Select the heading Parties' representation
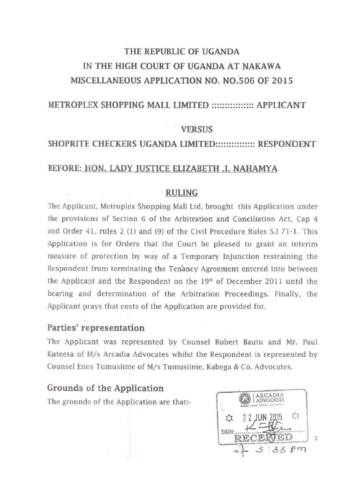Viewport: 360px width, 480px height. point(96,327)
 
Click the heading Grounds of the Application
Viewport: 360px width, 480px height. point(105,388)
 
